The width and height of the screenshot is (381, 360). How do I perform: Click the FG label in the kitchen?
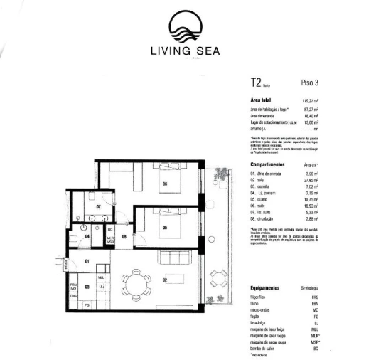tap(87, 305)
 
